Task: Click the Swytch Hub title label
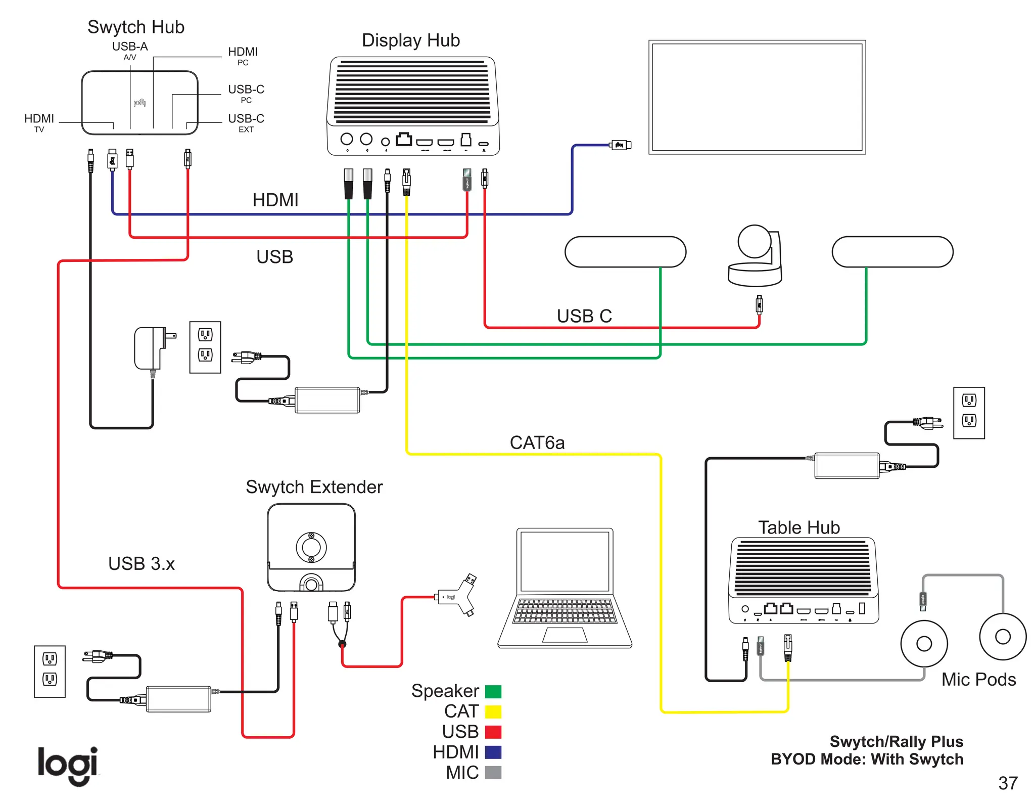click(x=136, y=27)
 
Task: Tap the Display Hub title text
click(x=410, y=40)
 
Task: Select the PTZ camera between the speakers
click(x=755, y=256)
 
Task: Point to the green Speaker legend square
click(x=493, y=691)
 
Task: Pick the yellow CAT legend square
click(x=493, y=712)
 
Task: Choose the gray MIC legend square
click(x=493, y=773)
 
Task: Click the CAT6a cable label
click(x=537, y=442)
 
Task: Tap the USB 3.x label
click(x=141, y=563)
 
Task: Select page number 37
click(x=1008, y=783)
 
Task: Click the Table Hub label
click(x=798, y=527)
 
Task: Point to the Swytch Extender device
click(x=311, y=548)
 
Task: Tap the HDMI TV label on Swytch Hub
click(x=39, y=122)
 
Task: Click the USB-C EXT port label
click(x=246, y=122)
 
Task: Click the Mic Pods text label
click(x=978, y=679)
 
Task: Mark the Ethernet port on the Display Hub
click(x=403, y=139)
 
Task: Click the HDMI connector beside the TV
click(x=621, y=145)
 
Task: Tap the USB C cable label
click(x=584, y=316)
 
